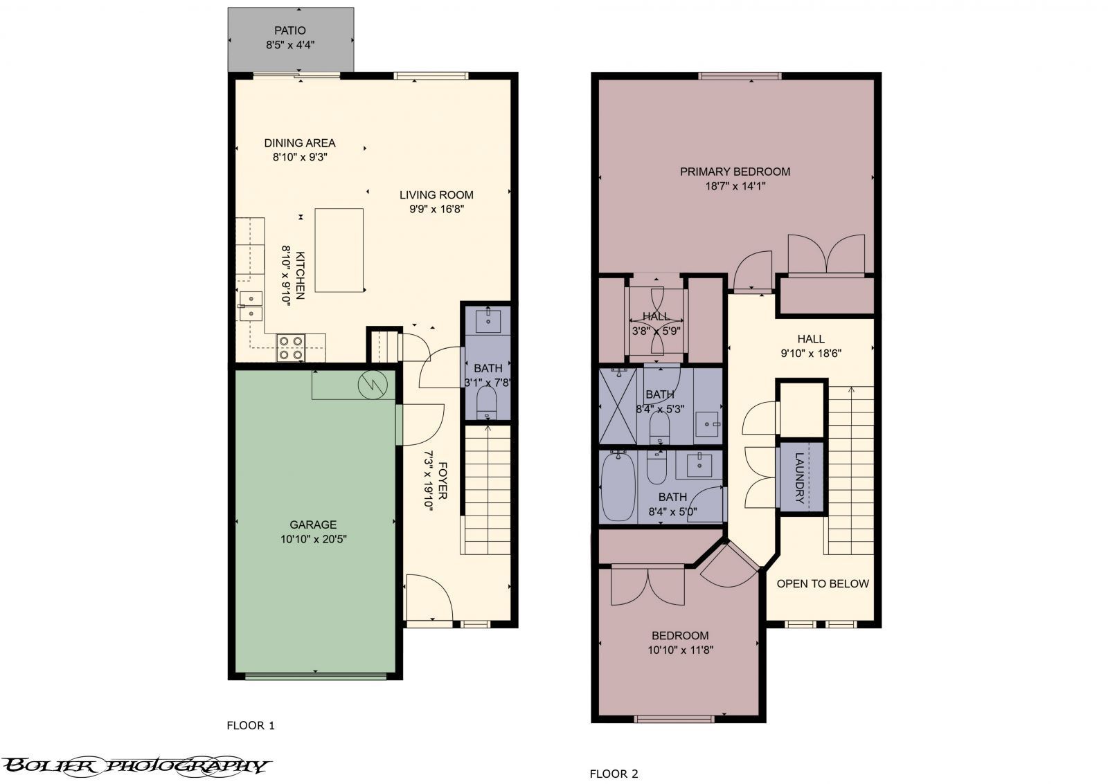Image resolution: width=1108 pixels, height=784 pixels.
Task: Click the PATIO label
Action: tap(289, 30)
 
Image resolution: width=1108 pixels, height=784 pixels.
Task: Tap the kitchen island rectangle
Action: tap(339, 250)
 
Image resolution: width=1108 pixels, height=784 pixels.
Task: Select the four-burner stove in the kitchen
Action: tap(290, 347)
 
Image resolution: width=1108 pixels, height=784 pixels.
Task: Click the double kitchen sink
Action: tap(250, 307)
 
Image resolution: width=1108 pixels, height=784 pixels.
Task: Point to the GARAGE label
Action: tap(313, 525)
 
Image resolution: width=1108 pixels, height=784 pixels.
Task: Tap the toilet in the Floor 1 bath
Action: tap(487, 402)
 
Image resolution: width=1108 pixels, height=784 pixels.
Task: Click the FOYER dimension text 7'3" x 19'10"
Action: tap(429, 481)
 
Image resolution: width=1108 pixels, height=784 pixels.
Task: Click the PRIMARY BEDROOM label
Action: tap(735, 172)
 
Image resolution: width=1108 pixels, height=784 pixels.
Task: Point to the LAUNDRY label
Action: tap(800, 477)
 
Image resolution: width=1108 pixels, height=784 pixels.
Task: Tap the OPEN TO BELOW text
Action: tap(822, 583)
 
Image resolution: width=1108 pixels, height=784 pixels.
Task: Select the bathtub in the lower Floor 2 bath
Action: tap(616, 486)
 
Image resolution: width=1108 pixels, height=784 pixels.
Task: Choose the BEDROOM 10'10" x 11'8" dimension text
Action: tap(680, 650)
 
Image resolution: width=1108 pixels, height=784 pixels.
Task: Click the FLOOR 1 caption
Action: tap(251, 725)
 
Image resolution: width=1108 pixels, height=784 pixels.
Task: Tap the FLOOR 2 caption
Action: tap(614, 774)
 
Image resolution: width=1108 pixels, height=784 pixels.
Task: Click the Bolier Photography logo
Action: tap(135, 765)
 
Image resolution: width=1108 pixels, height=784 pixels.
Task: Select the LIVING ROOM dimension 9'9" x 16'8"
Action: tap(436, 209)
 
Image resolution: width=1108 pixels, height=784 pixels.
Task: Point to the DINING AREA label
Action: tap(299, 143)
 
